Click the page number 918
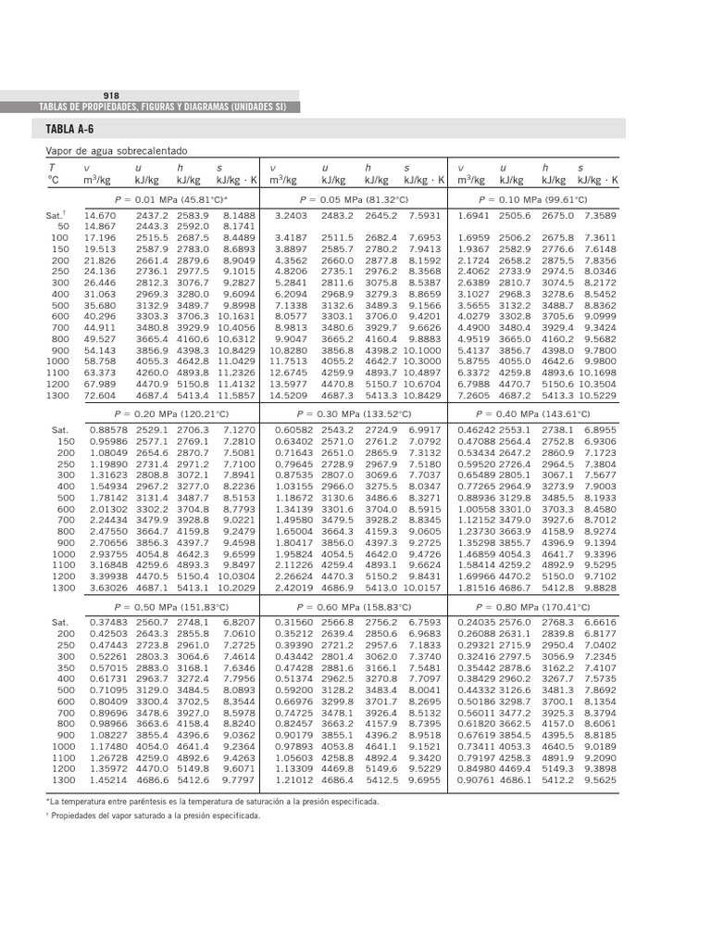111,96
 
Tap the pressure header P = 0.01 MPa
171,199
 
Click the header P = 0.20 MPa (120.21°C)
171,415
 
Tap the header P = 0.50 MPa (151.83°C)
171,607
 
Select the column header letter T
52,168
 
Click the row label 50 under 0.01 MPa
63,226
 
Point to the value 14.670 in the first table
100,215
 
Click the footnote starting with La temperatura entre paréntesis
212,800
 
